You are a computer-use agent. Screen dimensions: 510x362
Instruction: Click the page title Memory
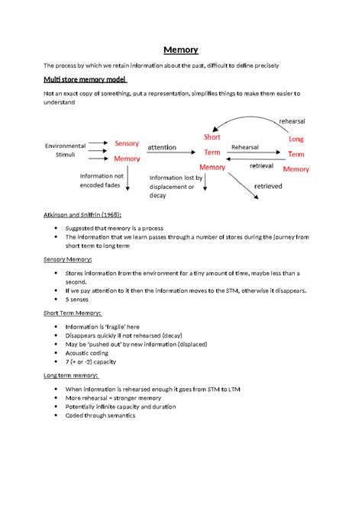pos(181,50)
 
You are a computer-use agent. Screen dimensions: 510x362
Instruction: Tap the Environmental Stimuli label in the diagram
pos(65,149)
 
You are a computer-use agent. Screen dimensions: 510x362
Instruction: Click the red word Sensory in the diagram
pos(127,143)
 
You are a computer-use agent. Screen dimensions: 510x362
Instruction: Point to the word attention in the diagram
pos(162,147)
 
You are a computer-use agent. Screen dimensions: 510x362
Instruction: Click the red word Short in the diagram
pos(212,136)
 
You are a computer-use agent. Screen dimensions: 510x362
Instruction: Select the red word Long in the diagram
pos(296,140)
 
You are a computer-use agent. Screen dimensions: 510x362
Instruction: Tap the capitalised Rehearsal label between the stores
pos(245,147)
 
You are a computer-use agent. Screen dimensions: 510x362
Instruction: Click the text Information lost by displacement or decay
pos(173,185)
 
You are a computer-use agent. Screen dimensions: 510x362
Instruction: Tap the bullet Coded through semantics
pos(100,415)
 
